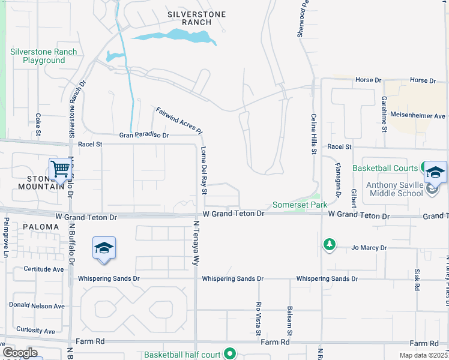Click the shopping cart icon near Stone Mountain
point(61,169)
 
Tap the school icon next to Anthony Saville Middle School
point(435,173)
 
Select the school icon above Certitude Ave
point(104,248)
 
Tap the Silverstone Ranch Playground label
point(44,56)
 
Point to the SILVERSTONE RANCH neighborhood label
point(190,17)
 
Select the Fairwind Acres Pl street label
point(179,121)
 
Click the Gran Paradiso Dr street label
point(144,135)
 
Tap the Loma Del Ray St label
point(204,170)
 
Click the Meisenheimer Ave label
point(418,116)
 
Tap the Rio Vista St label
point(259,318)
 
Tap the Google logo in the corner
point(20,353)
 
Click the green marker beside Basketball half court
point(229,355)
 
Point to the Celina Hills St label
point(313,134)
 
